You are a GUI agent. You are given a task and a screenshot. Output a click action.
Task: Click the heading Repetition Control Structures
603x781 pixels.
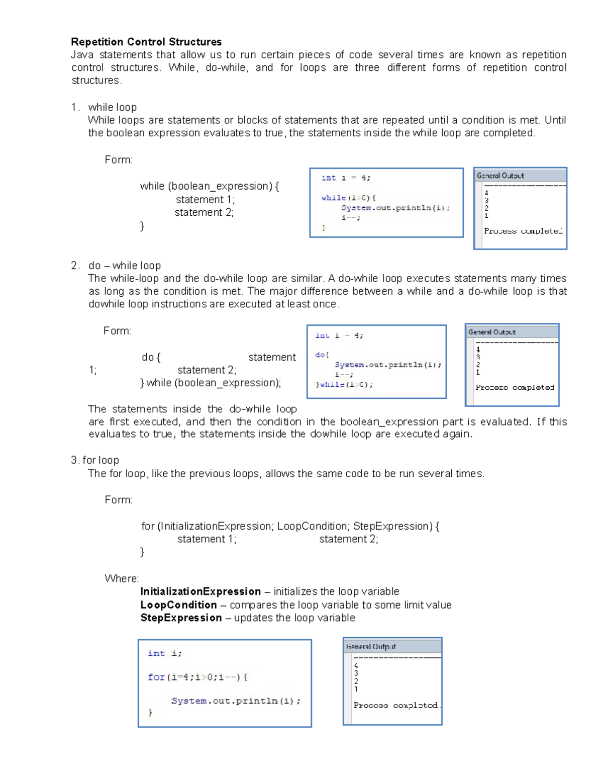point(146,42)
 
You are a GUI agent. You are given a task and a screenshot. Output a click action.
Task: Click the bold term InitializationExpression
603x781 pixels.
point(200,591)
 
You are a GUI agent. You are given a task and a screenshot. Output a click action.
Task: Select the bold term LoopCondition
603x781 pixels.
point(178,605)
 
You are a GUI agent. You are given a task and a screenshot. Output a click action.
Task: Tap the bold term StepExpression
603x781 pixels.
point(181,618)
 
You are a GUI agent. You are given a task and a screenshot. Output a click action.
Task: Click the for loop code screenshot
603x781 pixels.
point(225,683)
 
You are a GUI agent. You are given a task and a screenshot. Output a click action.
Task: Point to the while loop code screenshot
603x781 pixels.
point(386,203)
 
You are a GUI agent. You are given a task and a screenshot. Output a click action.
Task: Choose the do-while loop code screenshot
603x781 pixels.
point(376,362)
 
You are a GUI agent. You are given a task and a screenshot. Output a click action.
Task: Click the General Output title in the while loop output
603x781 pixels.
point(500,176)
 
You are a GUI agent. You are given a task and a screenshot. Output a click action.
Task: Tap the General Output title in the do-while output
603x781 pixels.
point(492,332)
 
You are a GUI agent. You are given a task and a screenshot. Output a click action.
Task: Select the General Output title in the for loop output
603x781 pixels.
point(371,647)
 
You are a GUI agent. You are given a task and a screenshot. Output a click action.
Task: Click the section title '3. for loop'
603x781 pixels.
point(95,460)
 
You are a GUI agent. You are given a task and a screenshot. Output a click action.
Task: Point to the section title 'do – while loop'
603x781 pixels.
point(124,266)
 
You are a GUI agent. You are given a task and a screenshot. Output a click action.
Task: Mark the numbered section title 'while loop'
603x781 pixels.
point(112,107)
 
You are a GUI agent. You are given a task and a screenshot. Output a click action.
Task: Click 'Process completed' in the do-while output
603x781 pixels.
point(515,387)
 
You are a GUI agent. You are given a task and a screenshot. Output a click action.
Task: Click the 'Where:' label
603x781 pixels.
point(122,578)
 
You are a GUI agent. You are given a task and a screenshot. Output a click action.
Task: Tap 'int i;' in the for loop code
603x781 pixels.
point(164,653)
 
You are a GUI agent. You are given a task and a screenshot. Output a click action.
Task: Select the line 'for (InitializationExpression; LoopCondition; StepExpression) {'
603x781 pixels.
point(290,526)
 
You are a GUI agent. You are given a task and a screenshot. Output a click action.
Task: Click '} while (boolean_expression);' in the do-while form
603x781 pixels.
point(211,383)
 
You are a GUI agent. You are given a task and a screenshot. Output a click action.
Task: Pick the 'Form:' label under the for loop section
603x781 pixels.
point(119,500)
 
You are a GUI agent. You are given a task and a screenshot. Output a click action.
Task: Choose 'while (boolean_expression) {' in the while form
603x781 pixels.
point(209,186)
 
